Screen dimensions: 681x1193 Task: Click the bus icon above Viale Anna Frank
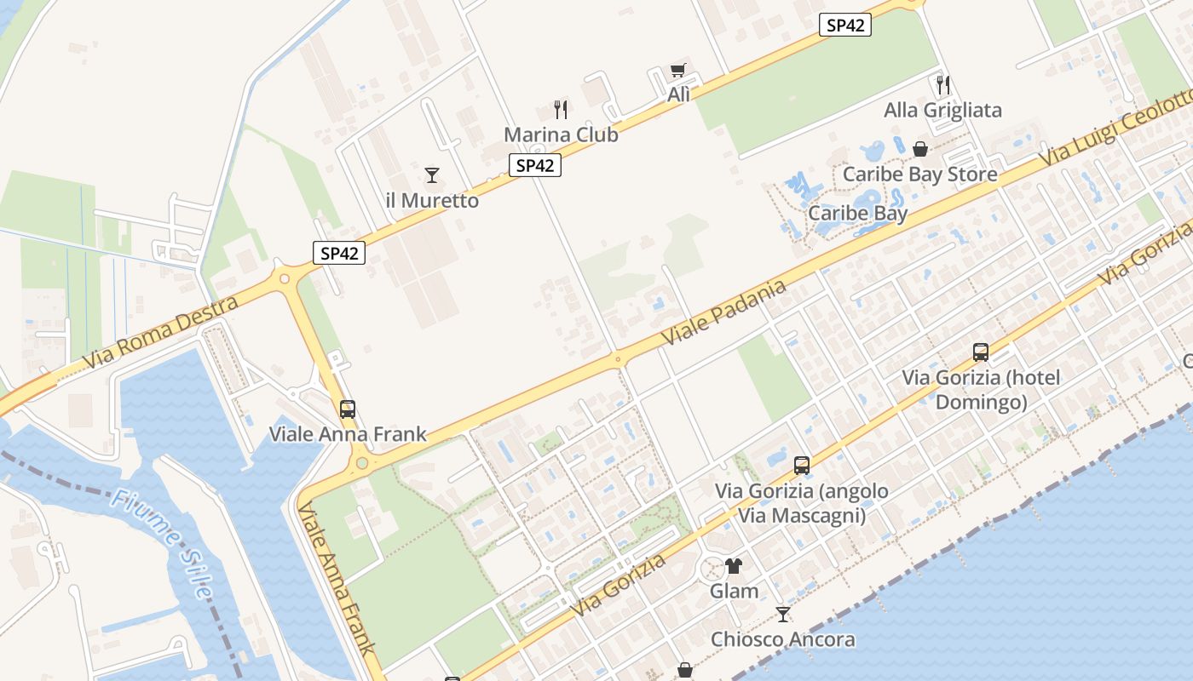coord(348,409)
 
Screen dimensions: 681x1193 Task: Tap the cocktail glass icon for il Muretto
coord(432,175)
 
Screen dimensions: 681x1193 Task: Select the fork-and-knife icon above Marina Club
coord(561,109)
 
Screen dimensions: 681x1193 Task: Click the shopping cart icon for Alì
coord(678,71)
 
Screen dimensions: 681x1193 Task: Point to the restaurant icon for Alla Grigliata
coord(943,84)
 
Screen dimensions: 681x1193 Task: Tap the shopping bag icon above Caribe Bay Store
coord(920,149)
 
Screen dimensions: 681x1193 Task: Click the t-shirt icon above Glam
coord(734,565)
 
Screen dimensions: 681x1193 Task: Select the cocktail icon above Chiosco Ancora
coord(783,614)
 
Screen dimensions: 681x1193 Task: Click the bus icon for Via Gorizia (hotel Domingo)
coord(981,352)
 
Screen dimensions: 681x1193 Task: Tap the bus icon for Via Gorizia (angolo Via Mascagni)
coord(802,465)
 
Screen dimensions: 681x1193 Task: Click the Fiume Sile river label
coord(161,544)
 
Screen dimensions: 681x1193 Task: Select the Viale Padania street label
coord(723,312)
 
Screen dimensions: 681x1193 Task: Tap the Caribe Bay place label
coord(857,213)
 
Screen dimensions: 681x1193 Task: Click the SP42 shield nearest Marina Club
coord(535,165)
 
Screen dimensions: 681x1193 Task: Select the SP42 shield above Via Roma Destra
coord(339,252)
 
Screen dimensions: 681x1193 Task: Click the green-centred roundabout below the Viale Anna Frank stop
coord(362,463)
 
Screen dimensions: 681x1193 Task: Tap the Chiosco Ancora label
coord(783,639)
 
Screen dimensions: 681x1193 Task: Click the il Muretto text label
coord(432,201)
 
